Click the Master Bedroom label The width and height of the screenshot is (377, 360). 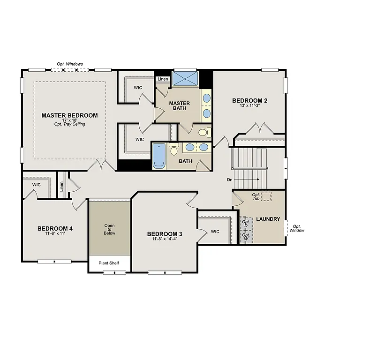coord(69,115)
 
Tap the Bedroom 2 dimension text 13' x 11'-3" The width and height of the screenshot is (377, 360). coord(250,106)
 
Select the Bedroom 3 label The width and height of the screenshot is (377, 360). coord(165,234)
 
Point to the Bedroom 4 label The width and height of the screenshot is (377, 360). coord(55,228)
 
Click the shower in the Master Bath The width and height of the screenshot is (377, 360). coord(185,78)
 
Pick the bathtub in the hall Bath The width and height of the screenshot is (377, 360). coord(158,156)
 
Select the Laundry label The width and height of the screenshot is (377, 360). coord(268,219)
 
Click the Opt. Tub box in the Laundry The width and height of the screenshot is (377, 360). coord(266,197)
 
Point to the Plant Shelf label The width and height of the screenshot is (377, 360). coord(108,263)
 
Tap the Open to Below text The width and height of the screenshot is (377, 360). coord(109,229)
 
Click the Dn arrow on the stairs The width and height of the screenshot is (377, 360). coord(249,180)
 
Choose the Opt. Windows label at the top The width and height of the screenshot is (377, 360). coord(70,64)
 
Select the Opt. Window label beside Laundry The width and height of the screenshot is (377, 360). coord(296,228)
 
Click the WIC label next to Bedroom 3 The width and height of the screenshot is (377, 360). coord(215,232)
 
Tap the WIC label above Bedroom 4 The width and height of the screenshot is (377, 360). coord(37,185)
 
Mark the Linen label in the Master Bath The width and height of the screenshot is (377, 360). coord(163,79)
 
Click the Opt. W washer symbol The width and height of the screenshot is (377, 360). coord(246,237)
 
